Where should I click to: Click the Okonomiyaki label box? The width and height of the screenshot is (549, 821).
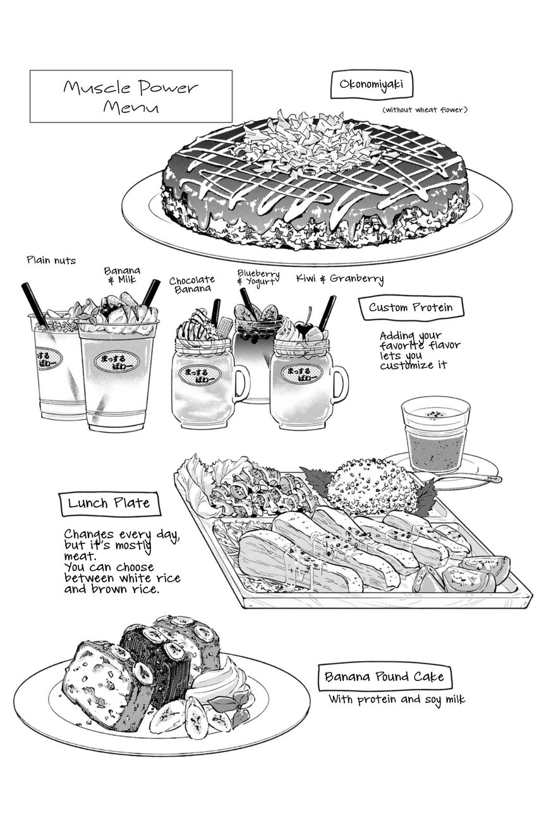click(371, 84)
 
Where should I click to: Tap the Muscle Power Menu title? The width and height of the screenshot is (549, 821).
click(131, 97)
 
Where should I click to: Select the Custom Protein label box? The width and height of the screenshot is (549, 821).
click(411, 308)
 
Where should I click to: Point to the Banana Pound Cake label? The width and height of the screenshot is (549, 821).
click(384, 676)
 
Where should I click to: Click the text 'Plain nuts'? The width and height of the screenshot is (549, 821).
click(51, 261)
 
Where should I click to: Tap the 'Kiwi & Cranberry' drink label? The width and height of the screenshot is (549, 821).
click(340, 279)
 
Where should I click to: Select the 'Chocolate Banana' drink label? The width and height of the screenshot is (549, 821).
click(192, 285)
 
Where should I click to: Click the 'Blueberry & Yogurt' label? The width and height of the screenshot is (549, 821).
click(258, 277)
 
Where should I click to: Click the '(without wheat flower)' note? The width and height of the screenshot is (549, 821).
click(425, 110)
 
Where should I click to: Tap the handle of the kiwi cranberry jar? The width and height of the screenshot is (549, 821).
click(340, 382)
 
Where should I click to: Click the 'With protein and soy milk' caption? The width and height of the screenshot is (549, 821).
click(397, 699)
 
